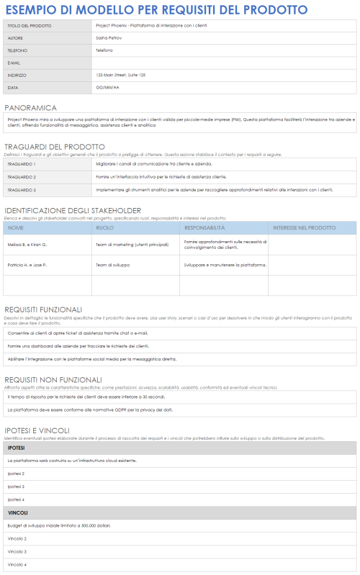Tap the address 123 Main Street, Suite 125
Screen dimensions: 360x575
coord(120,75)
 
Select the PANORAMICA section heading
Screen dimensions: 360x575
coord(30,107)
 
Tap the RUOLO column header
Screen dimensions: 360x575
coord(105,227)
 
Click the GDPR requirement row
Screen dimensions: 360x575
coord(90,409)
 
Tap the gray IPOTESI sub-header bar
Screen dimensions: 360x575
coord(180,448)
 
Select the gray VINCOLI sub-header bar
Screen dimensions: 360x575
coord(180,512)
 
